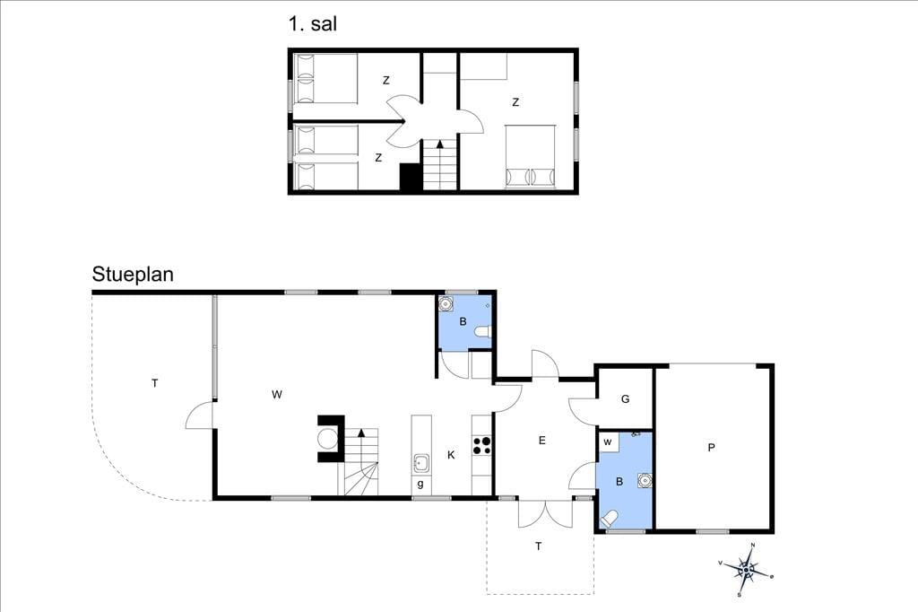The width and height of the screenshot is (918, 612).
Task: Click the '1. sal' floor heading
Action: pos(312,24)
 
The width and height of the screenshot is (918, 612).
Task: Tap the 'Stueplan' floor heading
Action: pos(133,275)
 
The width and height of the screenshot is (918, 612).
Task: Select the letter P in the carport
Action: pos(711,448)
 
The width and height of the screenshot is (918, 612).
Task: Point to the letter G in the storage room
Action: pos(625,399)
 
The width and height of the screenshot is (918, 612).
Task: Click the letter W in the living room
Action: pos(277,395)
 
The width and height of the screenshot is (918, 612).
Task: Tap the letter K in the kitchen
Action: pos(452,455)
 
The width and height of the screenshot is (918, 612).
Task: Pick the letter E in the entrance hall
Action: pos(542,441)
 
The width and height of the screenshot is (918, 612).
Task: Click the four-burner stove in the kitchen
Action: pos(481,445)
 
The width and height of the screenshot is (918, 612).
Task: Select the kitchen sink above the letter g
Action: pos(421,463)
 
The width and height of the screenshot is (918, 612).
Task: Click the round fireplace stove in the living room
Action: pos(327,437)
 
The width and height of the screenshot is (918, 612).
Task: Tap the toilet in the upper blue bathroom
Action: pos(483,332)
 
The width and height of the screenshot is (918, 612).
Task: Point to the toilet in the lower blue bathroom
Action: pos(609,518)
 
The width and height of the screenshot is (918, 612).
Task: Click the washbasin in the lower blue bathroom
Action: pos(645,480)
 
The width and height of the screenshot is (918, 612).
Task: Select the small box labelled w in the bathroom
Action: pos(609,442)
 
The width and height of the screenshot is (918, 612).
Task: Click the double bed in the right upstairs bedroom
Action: pos(531,156)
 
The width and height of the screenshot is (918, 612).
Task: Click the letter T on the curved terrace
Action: pos(154,383)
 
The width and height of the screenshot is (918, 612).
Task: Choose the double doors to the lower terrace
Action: pos(545,513)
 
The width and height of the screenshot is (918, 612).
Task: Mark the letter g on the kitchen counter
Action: pos(420,485)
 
